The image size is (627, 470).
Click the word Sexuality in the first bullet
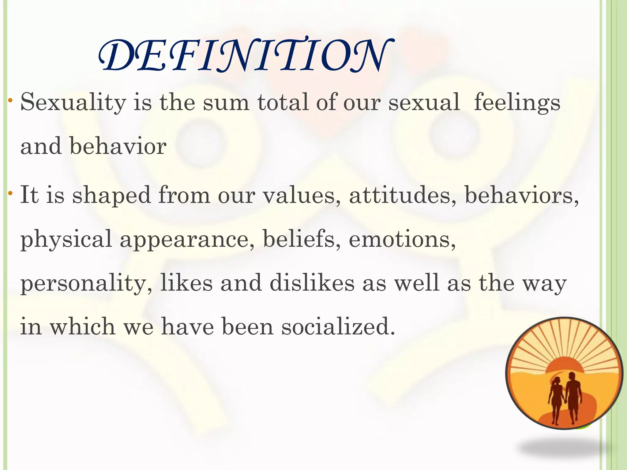click(x=73, y=103)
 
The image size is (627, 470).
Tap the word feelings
click(x=517, y=103)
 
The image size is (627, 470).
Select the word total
click(x=283, y=102)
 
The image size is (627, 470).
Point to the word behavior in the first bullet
click(x=118, y=146)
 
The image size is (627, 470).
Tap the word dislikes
click(x=312, y=283)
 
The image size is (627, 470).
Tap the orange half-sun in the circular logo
click(x=565, y=366)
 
